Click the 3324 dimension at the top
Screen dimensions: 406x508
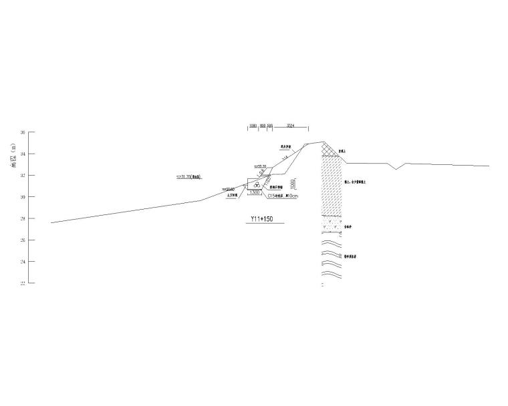tap(290, 126)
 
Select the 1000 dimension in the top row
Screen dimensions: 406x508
tap(253, 126)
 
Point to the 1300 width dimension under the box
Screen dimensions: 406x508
tap(255, 192)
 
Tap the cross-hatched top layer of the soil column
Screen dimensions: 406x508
tap(330, 150)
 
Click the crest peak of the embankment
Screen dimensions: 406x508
tap(324, 142)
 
